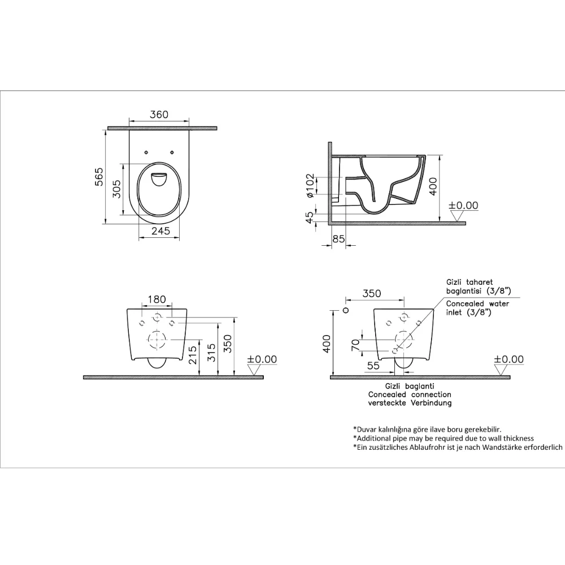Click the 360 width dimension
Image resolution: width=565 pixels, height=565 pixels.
pyautogui.click(x=159, y=115)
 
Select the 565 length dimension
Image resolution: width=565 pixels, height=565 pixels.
pyautogui.click(x=99, y=176)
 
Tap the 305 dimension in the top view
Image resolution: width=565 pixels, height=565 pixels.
pyautogui.click(x=116, y=189)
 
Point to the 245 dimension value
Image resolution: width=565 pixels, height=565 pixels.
pyautogui.click(x=160, y=231)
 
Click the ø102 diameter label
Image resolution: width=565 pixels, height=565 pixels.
pyautogui.click(x=310, y=185)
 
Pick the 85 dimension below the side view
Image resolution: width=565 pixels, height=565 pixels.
pyautogui.click(x=338, y=238)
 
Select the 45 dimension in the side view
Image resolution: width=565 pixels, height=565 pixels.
pyautogui.click(x=310, y=218)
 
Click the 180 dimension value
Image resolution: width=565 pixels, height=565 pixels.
pyautogui.click(x=157, y=299)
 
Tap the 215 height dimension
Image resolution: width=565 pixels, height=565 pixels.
pyautogui.click(x=193, y=355)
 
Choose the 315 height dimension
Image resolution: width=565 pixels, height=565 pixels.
pyautogui.click(x=211, y=353)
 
